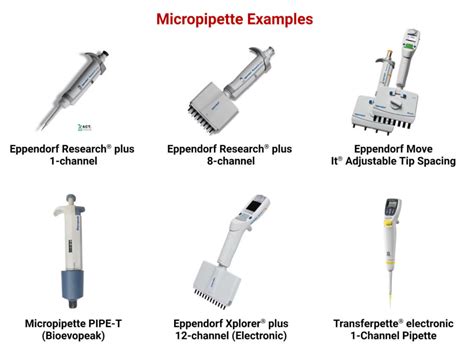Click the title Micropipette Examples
tap(237, 18)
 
